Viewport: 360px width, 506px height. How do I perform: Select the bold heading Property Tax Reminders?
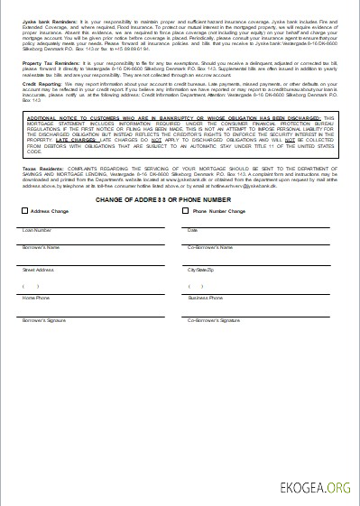pos(50,63)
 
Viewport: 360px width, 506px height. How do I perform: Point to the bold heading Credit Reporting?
pos(41,91)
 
